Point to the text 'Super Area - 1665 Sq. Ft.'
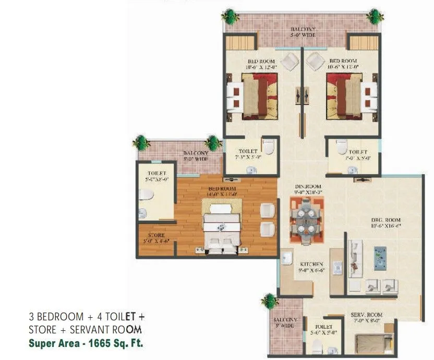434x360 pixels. click(x=86, y=343)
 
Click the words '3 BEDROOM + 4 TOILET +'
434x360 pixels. click(x=87, y=317)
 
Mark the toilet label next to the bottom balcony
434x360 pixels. click(x=323, y=329)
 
